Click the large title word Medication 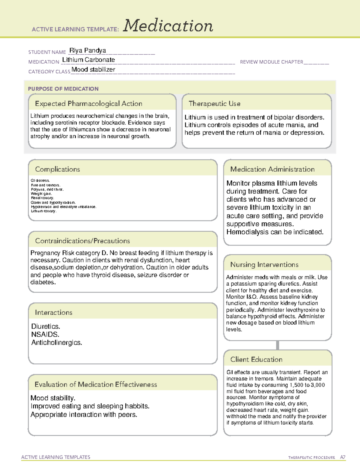click(168, 26)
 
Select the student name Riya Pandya click(88, 50)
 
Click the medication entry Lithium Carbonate click(88, 60)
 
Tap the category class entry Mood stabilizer click(93, 70)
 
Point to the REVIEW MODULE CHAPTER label click(271, 62)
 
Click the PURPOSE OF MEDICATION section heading click(63, 89)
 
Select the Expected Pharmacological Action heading click(88, 104)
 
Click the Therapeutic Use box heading click(214, 104)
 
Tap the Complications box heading click(58, 169)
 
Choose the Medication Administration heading click(272, 169)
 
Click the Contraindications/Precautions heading click(82, 241)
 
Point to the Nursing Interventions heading click(264, 265)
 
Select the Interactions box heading click(54, 313)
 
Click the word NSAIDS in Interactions click(45, 334)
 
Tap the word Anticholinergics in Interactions click(57, 342)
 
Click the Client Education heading click(256, 359)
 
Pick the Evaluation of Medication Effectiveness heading click(96, 384)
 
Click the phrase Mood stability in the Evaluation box click(53, 398)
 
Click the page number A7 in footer click(343, 457)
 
